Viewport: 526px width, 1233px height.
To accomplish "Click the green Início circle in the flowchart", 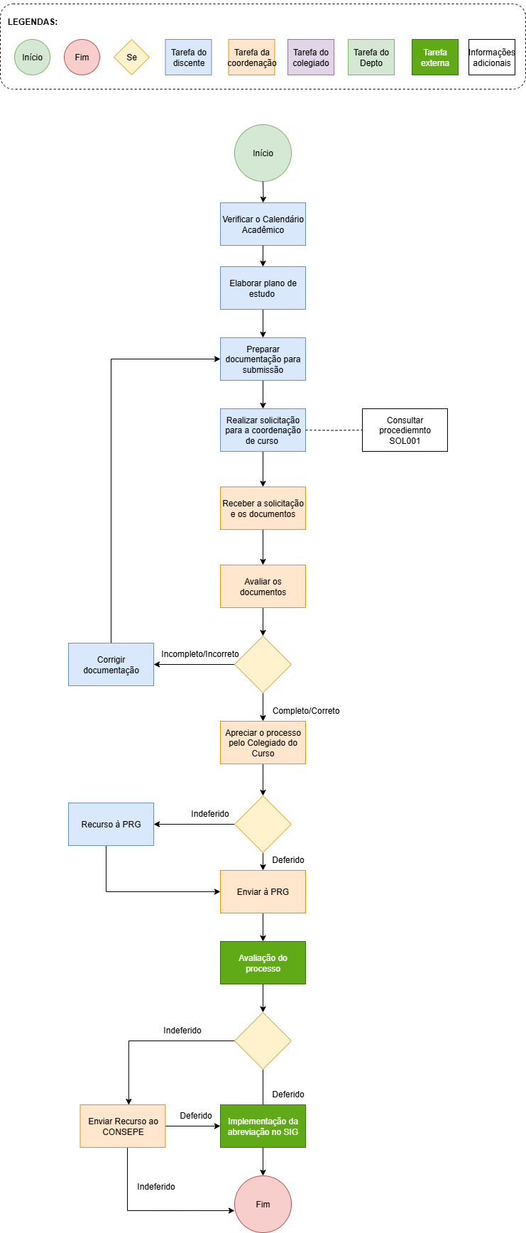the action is click(x=263, y=153).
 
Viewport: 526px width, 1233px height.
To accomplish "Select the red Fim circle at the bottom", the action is click(x=263, y=1204).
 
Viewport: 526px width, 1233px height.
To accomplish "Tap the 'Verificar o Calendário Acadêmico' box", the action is click(x=263, y=224).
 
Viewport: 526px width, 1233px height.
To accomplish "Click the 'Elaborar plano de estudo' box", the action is click(x=263, y=288).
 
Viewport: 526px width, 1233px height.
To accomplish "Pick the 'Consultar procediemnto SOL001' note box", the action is click(x=405, y=430).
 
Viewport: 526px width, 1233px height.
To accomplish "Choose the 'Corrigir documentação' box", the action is click(x=111, y=665).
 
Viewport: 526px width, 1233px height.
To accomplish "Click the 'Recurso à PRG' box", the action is click(x=111, y=825).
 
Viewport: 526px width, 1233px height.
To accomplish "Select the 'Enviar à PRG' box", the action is click(x=263, y=892).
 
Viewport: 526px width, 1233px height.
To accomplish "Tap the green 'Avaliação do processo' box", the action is click(x=263, y=963).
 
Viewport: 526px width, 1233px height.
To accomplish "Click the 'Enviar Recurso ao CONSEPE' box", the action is click(x=123, y=1126).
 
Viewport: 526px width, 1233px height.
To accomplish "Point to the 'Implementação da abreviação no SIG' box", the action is click(x=263, y=1126).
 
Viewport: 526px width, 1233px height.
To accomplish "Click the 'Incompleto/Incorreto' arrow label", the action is click(x=200, y=654).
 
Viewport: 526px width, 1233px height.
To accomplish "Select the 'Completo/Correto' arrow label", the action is click(x=306, y=711).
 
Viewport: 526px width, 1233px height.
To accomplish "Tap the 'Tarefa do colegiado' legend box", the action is click(x=311, y=58).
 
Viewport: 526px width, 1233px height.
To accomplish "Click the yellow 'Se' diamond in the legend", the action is click(x=132, y=58).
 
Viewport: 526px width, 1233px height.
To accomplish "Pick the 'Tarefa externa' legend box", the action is click(x=435, y=58).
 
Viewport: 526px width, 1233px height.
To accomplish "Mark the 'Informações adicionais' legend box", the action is click(x=492, y=58).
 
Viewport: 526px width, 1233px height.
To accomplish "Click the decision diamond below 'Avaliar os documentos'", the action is click(x=263, y=665).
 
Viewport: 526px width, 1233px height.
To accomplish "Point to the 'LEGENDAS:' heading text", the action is click(x=33, y=22).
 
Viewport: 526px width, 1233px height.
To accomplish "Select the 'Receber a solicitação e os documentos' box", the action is click(x=263, y=509).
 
